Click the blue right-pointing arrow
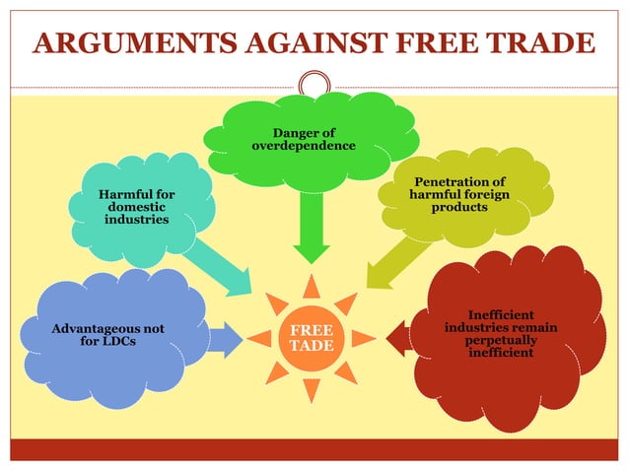tap(224, 338)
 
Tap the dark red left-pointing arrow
tap(398, 338)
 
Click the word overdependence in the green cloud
tap(304, 147)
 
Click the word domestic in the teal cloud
tap(136, 208)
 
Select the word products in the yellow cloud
tap(459, 208)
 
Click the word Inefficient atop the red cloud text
tap(502, 314)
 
